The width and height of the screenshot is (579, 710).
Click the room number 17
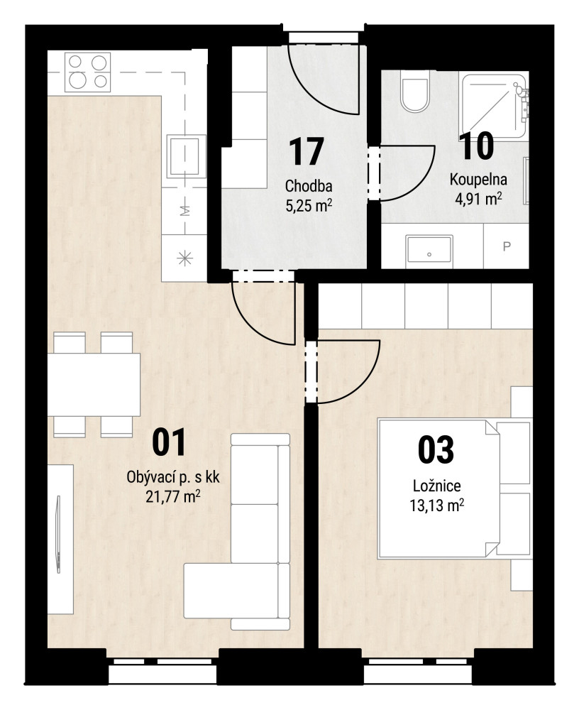(x=307, y=152)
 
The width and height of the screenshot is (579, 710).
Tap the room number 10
(x=476, y=146)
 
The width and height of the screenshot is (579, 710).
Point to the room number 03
(x=436, y=449)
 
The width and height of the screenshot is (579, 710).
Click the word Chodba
(x=309, y=185)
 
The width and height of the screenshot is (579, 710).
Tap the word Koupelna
(x=478, y=180)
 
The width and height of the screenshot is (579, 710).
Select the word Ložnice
(x=437, y=486)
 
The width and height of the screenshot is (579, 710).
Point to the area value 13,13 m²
(x=437, y=505)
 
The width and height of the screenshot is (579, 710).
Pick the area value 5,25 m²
(x=309, y=206)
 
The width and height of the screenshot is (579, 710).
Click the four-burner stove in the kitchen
(x=88, y=72)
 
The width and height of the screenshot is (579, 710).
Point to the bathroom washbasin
(x=429, y=249)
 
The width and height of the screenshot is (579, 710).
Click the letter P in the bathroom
(x=507, y=246)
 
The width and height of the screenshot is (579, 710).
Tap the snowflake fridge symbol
(x=184, y=259)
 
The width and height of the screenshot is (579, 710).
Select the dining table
(x=94, y=384)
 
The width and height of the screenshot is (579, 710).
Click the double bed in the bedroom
(x=439, y=489)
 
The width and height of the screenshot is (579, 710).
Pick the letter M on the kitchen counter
(x=184, y=211)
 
